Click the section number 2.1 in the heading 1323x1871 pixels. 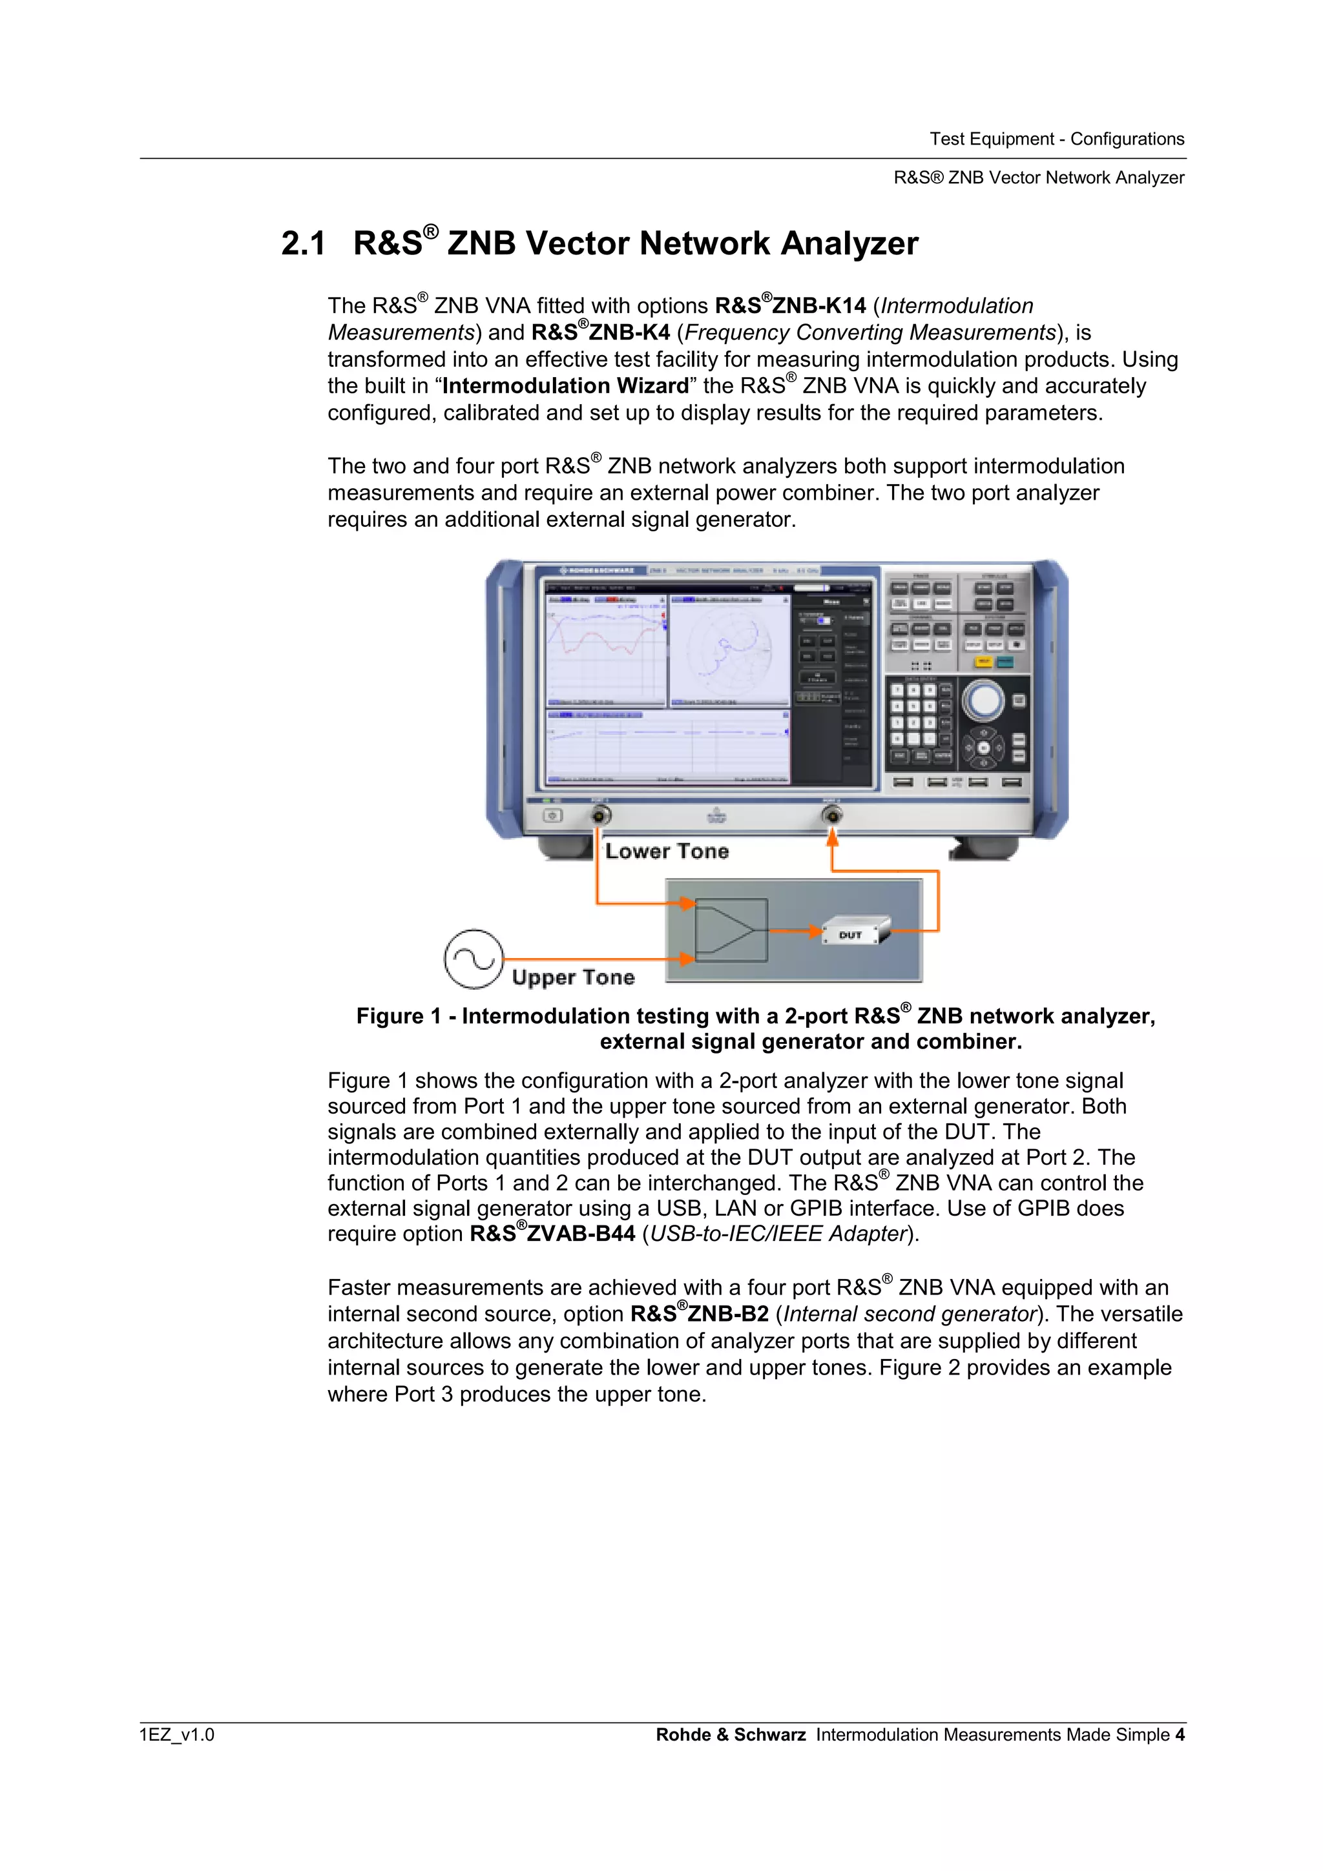302,243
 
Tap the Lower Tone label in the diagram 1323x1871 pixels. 667,851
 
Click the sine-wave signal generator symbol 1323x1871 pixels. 474,959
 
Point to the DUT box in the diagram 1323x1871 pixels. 853,932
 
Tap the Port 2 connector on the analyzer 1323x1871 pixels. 831,814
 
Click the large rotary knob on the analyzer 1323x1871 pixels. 984,700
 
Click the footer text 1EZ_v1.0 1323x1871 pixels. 177,1734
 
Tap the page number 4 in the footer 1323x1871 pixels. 1180,1734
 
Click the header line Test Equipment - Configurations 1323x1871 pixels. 1056,139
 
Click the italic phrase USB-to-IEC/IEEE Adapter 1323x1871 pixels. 778,1234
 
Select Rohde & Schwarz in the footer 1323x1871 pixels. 731,1734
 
